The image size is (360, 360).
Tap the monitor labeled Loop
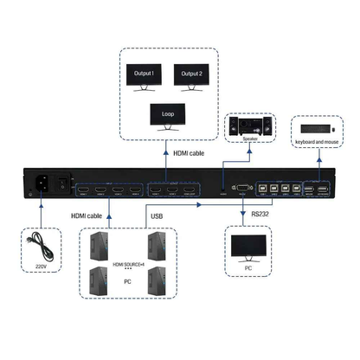click(167, 115)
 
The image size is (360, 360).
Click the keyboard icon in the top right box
click(309, 126)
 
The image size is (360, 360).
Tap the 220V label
click(39, 267)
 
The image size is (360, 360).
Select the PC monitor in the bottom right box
click(247, 248)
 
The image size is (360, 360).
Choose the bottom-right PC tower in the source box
click(157, 281)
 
